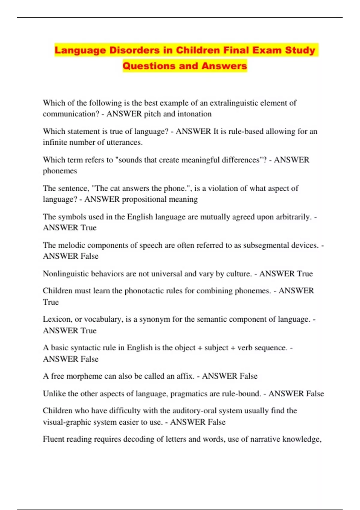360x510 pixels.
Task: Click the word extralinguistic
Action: tap(234, 103)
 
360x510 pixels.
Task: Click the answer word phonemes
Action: tap(60, 171)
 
